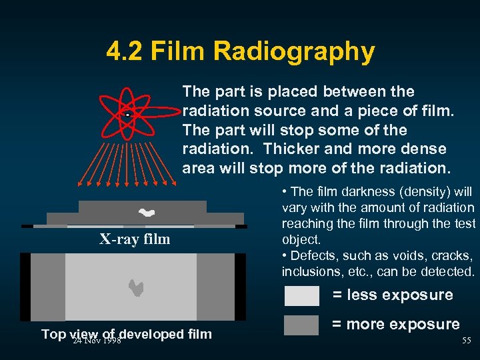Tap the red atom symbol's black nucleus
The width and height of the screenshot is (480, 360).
[x=127, y=115]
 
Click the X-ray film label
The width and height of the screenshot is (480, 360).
[x=135, y=239]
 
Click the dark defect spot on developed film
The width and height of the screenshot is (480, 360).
[x=136, y=287]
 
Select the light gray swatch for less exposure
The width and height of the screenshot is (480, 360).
[x=301, y=295]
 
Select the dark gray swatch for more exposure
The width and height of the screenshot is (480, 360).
[x=301, y=325]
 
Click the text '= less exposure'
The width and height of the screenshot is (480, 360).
[x=393, y=295]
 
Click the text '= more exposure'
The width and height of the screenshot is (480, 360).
[x=396, y=325]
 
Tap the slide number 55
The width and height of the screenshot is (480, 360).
[x=467, y=341]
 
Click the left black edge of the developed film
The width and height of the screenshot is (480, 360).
[x=25, y=287]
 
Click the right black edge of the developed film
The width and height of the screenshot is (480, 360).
[x=240, y=287]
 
